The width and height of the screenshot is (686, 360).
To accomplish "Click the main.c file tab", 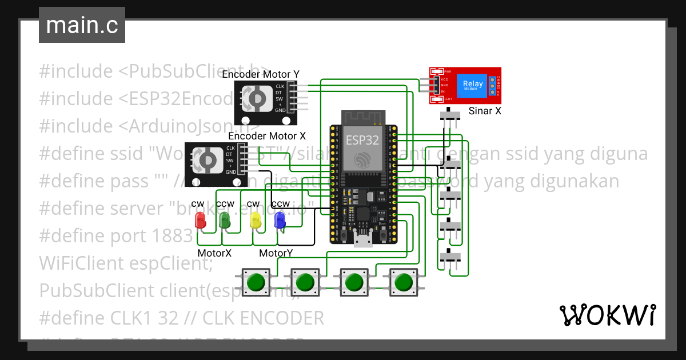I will pyautogui.click(x=82, y=25).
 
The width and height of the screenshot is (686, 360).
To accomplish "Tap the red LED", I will pyautogui.click(x=200, y=220).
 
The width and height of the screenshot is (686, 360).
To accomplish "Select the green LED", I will pyautogui.click(x=225, y=220).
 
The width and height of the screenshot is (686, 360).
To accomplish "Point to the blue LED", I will pyautogui.click(x=280, y=220).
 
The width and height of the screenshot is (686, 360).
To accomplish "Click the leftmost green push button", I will pyautogui.click(x=256, y=282).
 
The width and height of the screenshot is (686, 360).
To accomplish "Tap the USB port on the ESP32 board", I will pyautogui.click(x=361, y=240).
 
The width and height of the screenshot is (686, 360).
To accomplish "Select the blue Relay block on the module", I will pyautogui.click(x=473, y=85).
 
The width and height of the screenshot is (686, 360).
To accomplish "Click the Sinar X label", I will pyautogui.click(x=484, y=111).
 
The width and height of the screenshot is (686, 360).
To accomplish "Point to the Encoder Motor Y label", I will pyautogui.click(x=260, y=74).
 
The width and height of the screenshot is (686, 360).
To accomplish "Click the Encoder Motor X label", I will pyautogui.click(x=266, y=136).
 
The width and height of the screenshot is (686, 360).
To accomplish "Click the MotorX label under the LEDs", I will pyautogui.click(x=214, y=252).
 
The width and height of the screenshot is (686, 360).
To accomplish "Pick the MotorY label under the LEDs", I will pyautogui.click(x=277, y=252).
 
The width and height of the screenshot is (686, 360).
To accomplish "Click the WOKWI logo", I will pyautogui.click(x=607, y=315).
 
